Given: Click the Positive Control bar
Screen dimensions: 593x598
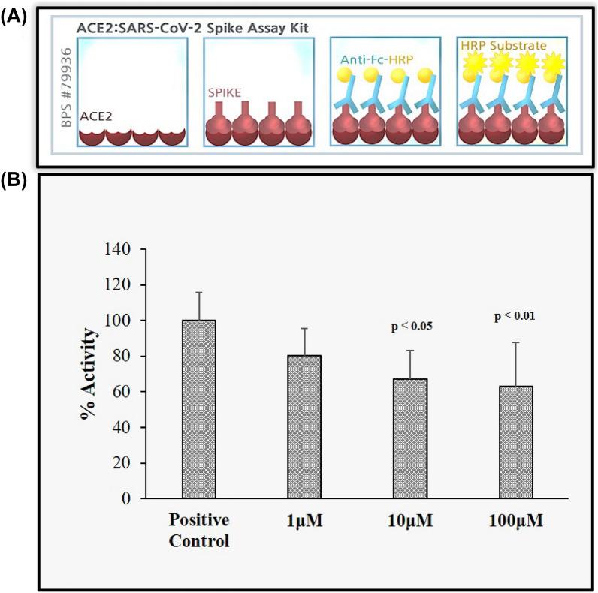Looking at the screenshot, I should pos(199,409).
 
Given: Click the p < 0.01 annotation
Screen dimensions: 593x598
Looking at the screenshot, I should pos(516,316).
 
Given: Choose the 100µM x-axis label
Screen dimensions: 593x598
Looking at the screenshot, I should pos(516,521).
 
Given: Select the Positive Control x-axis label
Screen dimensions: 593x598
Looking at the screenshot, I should pos(199,530).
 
